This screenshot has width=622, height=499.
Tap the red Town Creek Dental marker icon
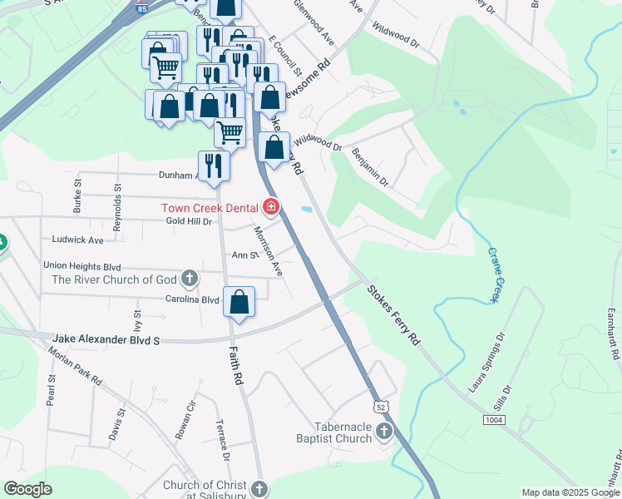pyautogui.click(x=270, y=205)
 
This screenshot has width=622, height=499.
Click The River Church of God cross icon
pyautogui.click(x=190, y=279)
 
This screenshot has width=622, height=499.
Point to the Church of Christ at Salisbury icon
pyautogui.click(x=259, y=488)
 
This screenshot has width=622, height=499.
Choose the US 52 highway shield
pyautogui.click(x=380, y=407)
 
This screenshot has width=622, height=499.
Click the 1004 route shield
pyautogui.click(x=494, y=421)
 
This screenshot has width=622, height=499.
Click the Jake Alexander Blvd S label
pyautogui.click(x=105, y=339)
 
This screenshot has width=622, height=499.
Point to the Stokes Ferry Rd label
pyautogui.click(x=394, y=315)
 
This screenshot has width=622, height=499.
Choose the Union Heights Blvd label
pyautogui.click(x=82, y=265)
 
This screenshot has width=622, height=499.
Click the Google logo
pyautogui.click(x=27, y=489)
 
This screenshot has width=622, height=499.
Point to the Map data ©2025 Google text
pyautogui.click(x=570, y=492)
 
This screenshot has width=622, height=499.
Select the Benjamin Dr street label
pyautogui.click(x=370, y=166)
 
